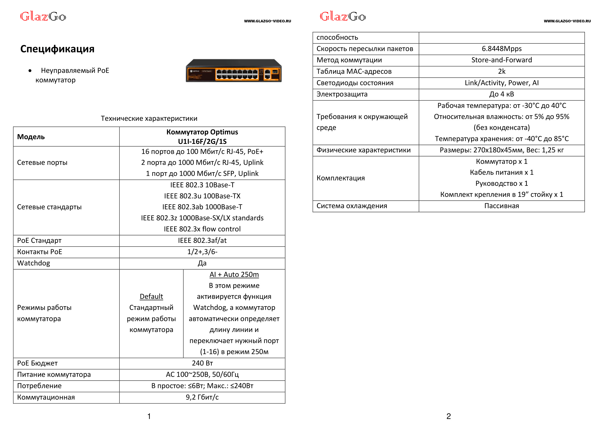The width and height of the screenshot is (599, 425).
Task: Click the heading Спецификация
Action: (x=57, y=49)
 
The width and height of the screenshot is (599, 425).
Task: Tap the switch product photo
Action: (x=233, y=71)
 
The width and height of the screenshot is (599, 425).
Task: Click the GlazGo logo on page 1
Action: (x=43, y=17)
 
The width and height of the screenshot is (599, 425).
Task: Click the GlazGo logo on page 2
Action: (x=343, y=17)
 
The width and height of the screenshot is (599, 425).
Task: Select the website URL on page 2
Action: (x=567, y=21)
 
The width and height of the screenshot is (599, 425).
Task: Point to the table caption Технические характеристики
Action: (x=149, y=118)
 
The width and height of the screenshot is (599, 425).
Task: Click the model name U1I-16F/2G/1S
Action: (x=202, y=142)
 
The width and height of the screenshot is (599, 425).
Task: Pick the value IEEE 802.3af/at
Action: (x=202, y=241)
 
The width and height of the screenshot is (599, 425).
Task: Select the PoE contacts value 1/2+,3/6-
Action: (x=202, y=252)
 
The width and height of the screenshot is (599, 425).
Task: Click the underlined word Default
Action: (x=151, y=297)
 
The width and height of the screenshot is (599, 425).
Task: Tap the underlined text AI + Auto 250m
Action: (x=234, y=274)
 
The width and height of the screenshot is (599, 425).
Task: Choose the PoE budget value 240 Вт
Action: (x=202, y=363)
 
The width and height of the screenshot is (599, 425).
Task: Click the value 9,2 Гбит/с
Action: (x=202, y=397)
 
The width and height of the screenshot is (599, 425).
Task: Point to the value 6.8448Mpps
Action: (x=501, y=49)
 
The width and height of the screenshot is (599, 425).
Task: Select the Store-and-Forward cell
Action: (x=501, y=60)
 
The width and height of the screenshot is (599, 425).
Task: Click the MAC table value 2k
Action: (x=501, y=71)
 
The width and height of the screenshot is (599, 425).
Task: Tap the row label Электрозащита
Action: (x=342, y=94)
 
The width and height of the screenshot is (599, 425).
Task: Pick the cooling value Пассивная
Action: (x=501, y=206)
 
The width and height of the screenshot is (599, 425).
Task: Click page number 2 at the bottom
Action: (x=448, y=416)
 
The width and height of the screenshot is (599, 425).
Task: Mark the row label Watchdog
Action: (x=34, y=263)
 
